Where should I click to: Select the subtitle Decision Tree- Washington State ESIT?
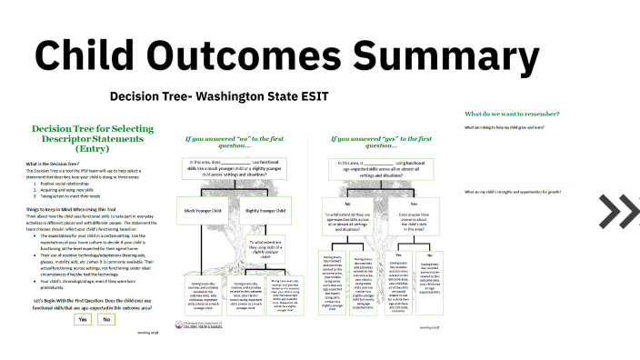218,96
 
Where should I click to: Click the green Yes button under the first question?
83,319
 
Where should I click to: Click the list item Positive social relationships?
74,182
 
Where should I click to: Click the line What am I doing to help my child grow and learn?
516,128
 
